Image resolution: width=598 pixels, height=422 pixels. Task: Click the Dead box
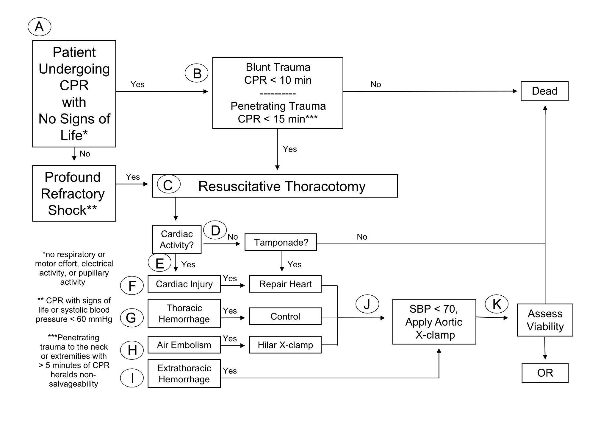[544, 91]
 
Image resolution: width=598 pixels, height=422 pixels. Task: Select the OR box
[545, 373]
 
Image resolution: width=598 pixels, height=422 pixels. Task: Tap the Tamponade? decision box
[281, 242]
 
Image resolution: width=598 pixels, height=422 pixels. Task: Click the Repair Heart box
[285, 284]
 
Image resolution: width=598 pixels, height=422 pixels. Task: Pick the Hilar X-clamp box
[285, 345]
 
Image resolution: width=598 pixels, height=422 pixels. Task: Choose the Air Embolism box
[184, 345]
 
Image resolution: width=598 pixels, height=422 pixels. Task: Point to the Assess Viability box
[545, 320]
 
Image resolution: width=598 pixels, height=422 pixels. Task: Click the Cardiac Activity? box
[177, 239]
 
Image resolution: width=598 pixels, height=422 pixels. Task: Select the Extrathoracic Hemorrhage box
[184, 373]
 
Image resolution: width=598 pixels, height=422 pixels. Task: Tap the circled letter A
[39, 27]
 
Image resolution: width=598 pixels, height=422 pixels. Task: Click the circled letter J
[367, 304]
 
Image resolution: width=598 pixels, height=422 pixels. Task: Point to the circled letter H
[132, 350]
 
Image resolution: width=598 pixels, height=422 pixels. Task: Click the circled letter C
[168, 185]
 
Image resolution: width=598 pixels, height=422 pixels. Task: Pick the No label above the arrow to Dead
[376, 85]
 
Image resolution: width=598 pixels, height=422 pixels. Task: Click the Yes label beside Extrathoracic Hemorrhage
[230, 371]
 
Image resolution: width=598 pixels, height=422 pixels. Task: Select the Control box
[285, 316]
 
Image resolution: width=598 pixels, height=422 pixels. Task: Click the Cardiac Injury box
[184, 284]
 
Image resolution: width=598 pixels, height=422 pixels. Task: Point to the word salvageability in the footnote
[73, 384]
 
